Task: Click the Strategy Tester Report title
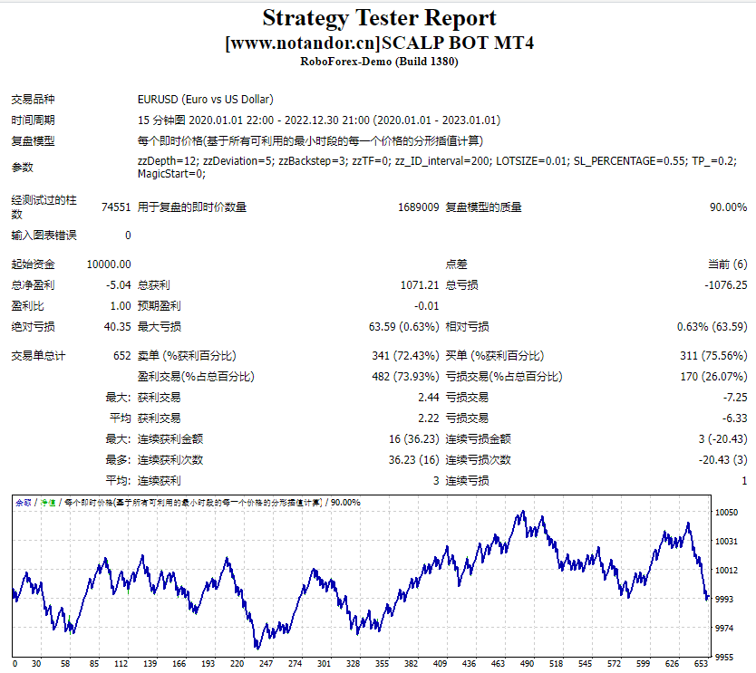pyautogui.click(x=379, y=18)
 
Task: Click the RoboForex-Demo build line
pyautogui.click(x=379, y=62)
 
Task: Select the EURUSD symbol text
pyautogui.click(x=205, y=100)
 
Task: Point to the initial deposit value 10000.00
pyautogui.click(x=109, y=264)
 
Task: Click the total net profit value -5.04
pyautogui.click(x=118, y=285)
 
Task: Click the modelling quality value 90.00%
pyautogui.click(x=728, y=207)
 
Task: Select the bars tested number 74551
pyautogui.click(x=115, y=207)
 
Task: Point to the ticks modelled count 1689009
pyautogui.click(x=418, y=207)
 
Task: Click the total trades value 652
pyautogui.click(x=121, y=356)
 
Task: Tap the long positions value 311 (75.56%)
pyautogui.click(x=713, y=356)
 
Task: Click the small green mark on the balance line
pyautogui.click(x=69, y=620)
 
